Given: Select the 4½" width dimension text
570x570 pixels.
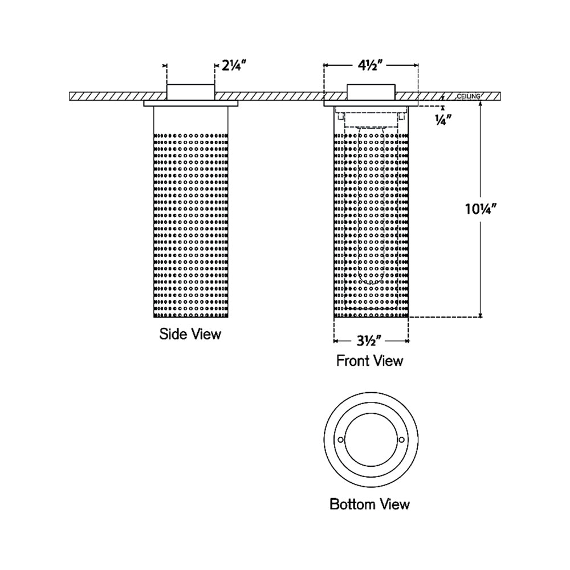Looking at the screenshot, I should tap(372, 66).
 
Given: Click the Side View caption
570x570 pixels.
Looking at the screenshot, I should tap(190, 334).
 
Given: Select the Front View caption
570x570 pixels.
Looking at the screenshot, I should tap(369, 361).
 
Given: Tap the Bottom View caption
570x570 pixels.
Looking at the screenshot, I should tap(369, 504).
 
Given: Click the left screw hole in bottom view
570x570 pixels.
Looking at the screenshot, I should tap(340, 439).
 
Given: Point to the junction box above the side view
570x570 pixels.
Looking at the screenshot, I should tap(190, 91).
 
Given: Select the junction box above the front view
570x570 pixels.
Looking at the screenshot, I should tap(371, 91).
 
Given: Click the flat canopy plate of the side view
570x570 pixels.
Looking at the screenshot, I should tap(190, 104).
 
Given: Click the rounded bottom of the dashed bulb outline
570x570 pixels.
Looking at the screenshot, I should tap(371, 282).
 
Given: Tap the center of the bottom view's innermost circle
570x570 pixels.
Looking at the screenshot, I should tap(371, 439).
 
